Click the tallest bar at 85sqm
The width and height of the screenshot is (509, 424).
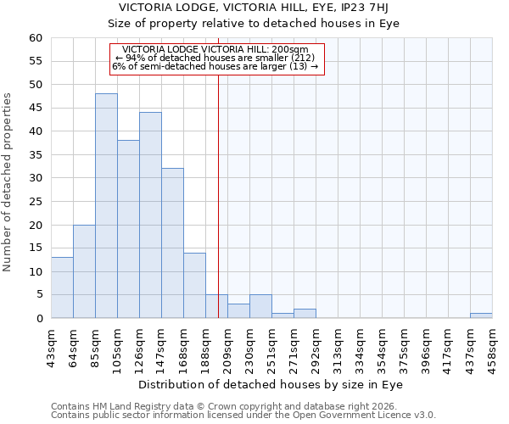[x=106, y=206]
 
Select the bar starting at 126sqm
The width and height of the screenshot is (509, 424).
[x=150, y=215]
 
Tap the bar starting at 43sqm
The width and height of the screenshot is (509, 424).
[x=62, y=287]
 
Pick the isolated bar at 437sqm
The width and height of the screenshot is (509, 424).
[x=481, y=315]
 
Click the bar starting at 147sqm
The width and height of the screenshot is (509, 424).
[x=172, y=243]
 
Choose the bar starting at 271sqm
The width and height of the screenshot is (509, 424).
[x=305, y=314]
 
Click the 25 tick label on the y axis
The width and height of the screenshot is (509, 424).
[x=35, y=202]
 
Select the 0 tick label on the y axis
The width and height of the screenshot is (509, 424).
[x=38, y=319]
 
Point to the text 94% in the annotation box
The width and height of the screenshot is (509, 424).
[x=135, y=58]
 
